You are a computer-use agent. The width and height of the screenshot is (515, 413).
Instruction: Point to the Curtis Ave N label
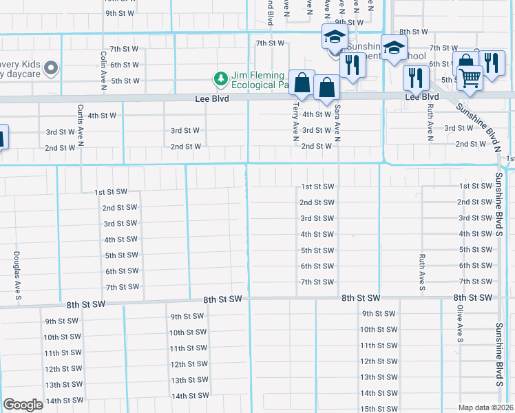81,125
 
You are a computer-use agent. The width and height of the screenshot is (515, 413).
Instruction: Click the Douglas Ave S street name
16,276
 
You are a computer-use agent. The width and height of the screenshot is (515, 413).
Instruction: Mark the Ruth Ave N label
430,122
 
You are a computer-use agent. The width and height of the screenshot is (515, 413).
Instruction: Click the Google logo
23,405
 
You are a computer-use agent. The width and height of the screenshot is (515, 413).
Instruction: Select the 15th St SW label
378,409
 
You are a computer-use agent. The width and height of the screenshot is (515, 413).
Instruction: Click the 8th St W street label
414,32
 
